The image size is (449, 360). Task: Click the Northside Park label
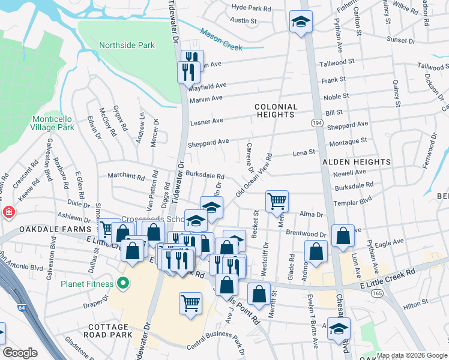[x=127, y=45]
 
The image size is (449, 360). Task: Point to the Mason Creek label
[x=221, y=40]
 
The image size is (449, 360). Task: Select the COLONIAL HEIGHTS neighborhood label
[x=275, y=110]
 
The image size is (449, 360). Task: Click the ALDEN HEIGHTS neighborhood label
[x=357, y=162]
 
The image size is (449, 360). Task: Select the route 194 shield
[x=316, y=122]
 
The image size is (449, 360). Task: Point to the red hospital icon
[x=8, y=212]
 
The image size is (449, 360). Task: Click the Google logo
[x=20, y=353]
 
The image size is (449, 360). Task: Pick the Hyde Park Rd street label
[x=251, y=8]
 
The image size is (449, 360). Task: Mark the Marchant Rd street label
[x=126, y=177]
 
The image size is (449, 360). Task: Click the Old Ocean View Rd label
[x=254, y=175]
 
